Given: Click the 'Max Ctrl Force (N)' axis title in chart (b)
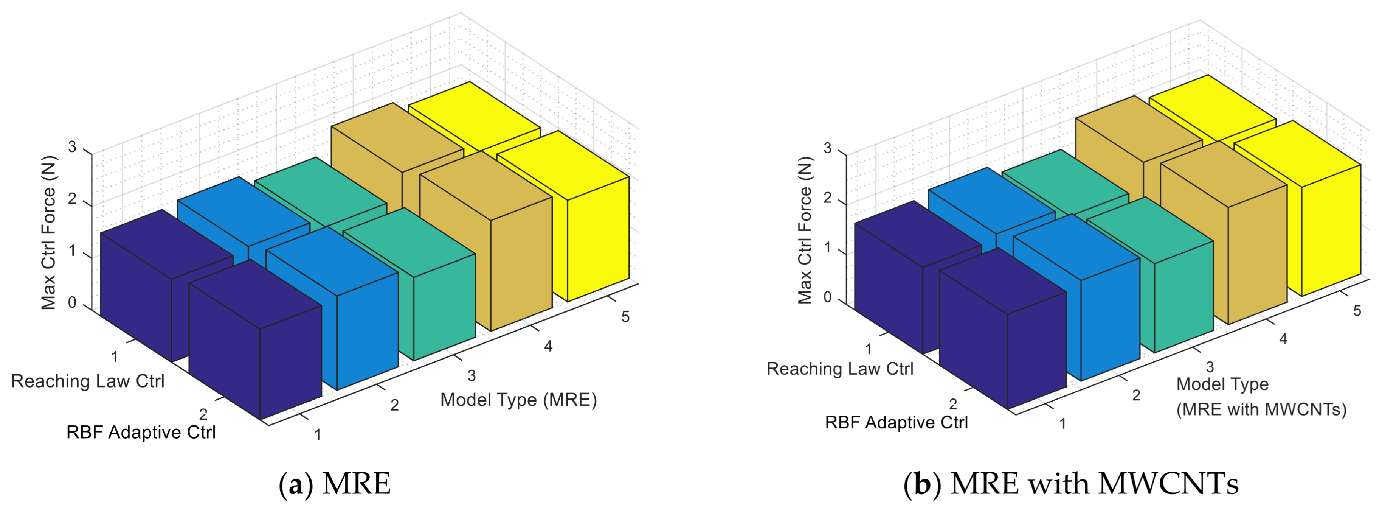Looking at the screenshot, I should pyautogui.click(x=805, y=231).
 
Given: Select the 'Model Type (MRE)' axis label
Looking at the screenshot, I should pyautogui.click(x=518, y=400).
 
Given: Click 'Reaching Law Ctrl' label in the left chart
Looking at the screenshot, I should pyautogui.click(x=87, y=381).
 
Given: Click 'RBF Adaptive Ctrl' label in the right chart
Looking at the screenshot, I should pyautogui.click(x=896, y=423).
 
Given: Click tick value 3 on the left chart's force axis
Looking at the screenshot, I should pyautogui.click(x=72, y=147).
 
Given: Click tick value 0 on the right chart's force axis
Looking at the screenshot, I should pyautogui.click(x=827, y=297).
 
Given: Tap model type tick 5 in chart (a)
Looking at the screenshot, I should pyautogui.click(x=625, y=317).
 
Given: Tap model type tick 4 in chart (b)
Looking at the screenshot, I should pyautogui.click(x=1283, y=339).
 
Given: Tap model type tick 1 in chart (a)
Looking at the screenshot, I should pyautogui.click(x=318, y=434).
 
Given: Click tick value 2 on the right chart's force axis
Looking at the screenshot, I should pyautogui.click(x=827, y=198).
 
